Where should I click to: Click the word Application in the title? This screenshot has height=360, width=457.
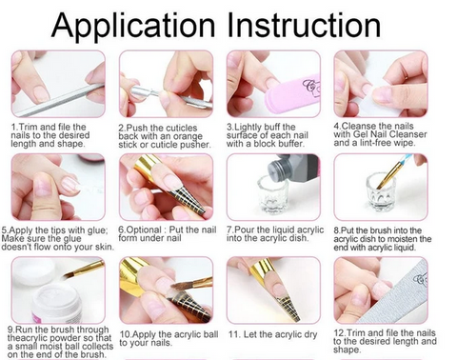(133, 26)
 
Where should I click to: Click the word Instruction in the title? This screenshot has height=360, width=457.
(304, 26)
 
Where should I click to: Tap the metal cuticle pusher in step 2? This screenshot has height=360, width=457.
(170, 96)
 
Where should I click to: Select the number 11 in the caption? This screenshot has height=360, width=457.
(233, 334)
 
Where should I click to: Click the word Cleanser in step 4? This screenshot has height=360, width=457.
(408, 134)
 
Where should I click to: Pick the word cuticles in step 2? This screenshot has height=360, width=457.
(182, 128)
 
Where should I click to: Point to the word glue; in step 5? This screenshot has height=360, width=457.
(97, 230)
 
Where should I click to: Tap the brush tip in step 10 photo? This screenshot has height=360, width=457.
(173, 288)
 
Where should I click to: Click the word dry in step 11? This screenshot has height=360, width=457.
(310, 335)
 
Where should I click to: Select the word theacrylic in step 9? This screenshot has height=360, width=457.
(27, 338)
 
